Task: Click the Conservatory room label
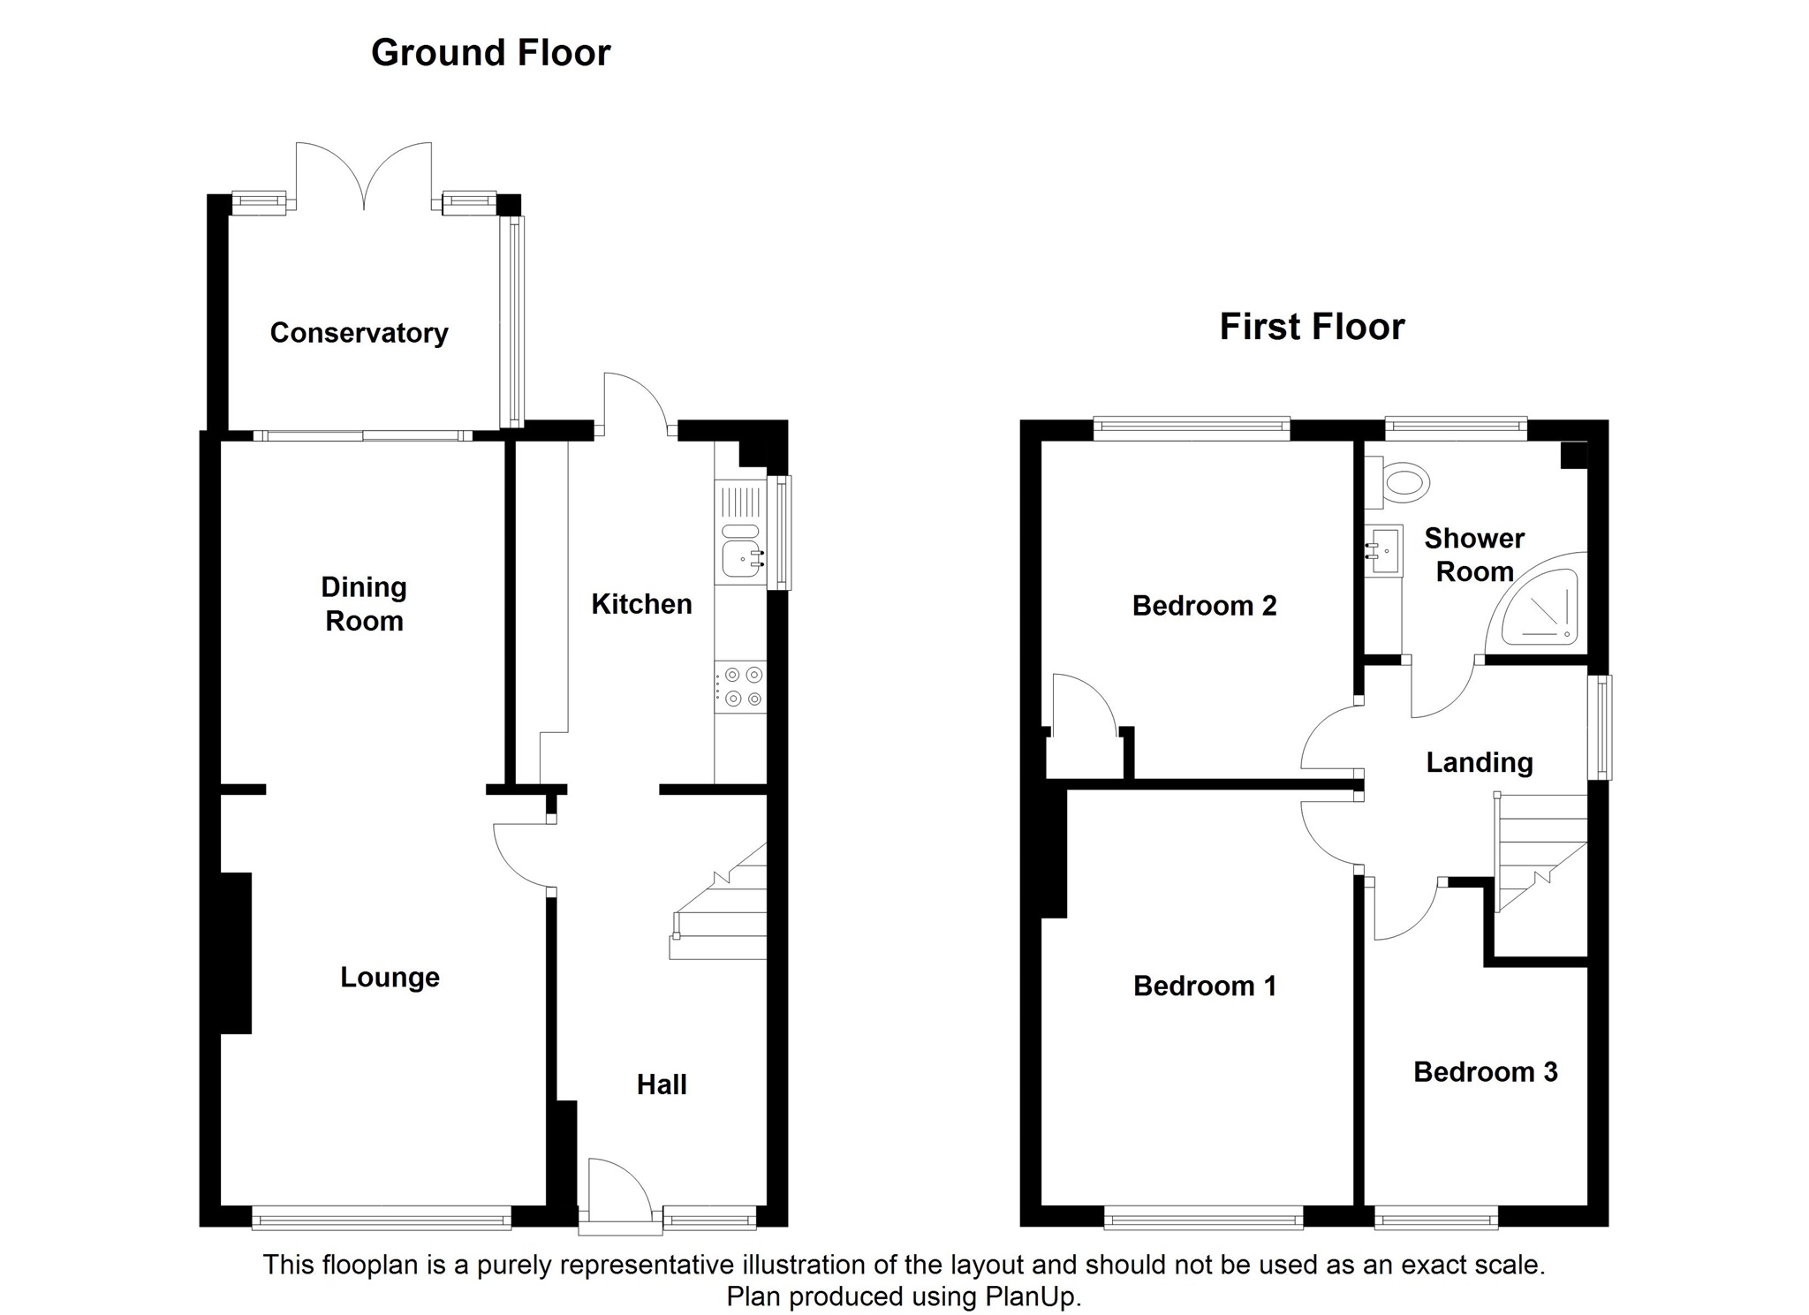click(x=359, y=333)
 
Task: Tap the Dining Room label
click(x=364, y=604)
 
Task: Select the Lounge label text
click(x=390, y=978)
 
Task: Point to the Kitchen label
click(x=641, y=604)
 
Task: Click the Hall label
click(x=662, y=1084)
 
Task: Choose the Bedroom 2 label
click(x=1204, y=606)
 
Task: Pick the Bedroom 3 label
click(x=1486, y=1072)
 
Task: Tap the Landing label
click(x=1480, y=762)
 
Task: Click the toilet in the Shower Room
click(x=1397, y=483)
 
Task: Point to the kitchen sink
click(x=741, y=532)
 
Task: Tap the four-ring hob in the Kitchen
click(x=741, y=687)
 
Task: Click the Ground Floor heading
click(x=490, y=53)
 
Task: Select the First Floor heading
click(x=1312, y=327)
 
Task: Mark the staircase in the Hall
click(x=718, y=901)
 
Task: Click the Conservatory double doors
click(x=364, y=177)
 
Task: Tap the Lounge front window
click(x=382, y=1218)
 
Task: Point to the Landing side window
click(x=1600, y=728)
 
